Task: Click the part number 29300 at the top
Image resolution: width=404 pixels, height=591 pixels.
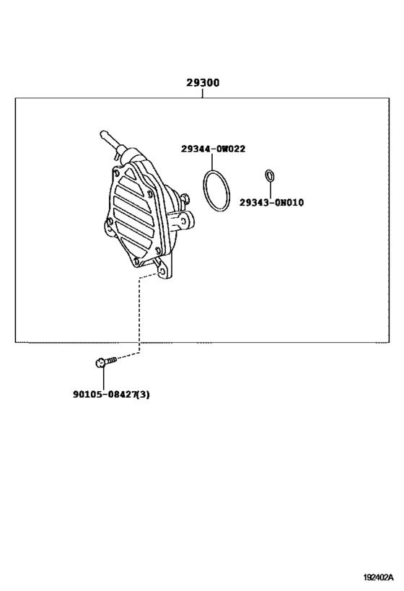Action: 203,82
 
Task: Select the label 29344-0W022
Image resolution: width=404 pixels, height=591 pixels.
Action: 213,149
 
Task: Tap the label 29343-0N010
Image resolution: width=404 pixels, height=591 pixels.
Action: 271,203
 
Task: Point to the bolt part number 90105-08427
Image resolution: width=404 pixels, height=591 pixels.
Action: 104,394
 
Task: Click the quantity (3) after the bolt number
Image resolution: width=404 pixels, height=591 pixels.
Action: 143,394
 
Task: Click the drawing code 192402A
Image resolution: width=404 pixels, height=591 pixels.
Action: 378,577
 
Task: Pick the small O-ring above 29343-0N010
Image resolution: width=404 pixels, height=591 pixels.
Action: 270,175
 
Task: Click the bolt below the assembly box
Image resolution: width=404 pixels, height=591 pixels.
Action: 106,362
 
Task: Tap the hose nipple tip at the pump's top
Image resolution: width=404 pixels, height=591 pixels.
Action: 103,133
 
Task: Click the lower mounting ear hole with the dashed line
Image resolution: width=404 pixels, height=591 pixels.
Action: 162,271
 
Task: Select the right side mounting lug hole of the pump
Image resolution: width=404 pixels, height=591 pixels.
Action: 183,221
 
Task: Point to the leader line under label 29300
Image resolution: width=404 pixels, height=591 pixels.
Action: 203,93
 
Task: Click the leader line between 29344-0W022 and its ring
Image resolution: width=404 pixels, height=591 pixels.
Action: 212,162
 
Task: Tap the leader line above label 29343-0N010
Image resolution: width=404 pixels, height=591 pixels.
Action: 270,190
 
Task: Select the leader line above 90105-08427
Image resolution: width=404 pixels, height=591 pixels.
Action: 103,378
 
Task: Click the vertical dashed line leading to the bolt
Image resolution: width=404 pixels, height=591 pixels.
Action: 139,315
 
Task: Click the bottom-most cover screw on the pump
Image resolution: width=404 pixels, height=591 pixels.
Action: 136,261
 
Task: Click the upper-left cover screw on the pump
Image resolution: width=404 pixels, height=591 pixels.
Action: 116,173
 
